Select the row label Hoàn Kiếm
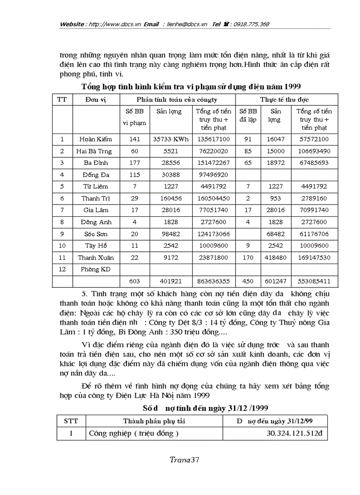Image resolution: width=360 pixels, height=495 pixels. click(x=96, y=139)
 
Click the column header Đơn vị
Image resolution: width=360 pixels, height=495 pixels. click(x=96, y=100)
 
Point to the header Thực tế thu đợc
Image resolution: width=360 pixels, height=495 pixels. click(x=283, y=100)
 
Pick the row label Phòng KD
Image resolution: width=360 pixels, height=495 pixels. click(x=96, y=269)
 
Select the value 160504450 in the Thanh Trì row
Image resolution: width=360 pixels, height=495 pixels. click(x=213, y=198)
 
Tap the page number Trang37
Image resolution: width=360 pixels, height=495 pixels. click(x=185, y=459)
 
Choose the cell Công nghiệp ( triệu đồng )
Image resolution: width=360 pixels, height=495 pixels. click(x=134, y=433)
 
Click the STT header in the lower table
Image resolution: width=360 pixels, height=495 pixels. click(x=71, y=421)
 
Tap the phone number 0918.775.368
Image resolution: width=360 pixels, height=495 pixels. click(x=251, y=24)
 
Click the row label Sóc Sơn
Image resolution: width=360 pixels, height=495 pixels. click(x=96, y=234)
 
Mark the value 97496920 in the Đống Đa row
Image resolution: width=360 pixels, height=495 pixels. click(x=213, y=175)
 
